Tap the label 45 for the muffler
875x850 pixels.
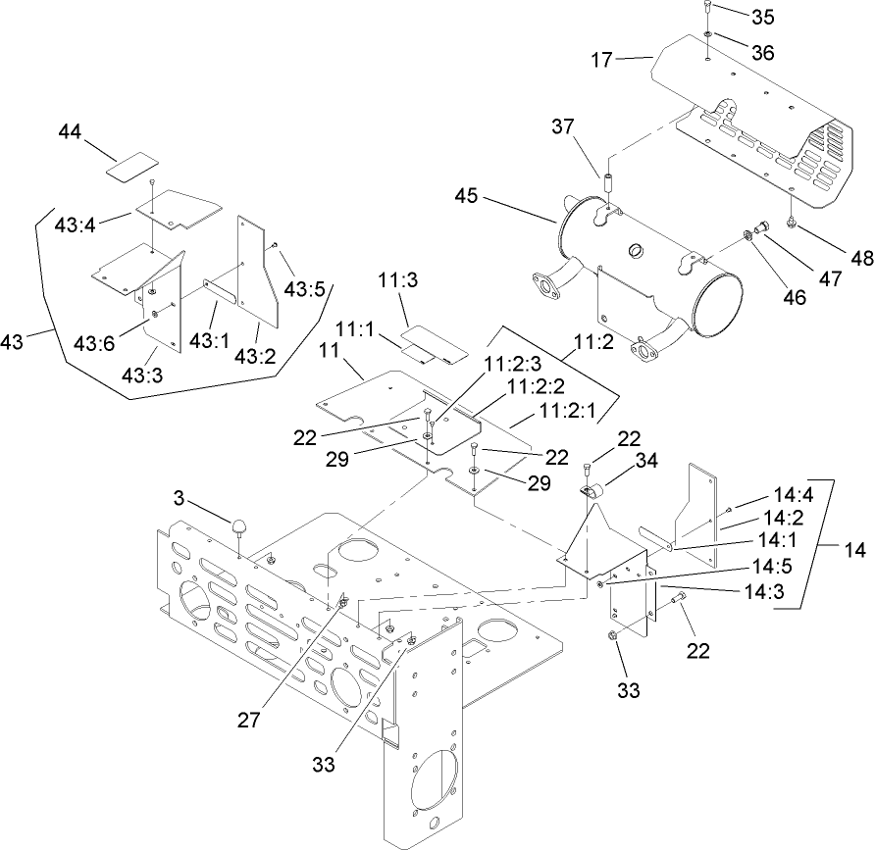468,197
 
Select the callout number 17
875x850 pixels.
601,61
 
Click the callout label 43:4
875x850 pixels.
76,225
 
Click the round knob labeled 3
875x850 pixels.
239,528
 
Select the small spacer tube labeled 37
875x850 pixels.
607,183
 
